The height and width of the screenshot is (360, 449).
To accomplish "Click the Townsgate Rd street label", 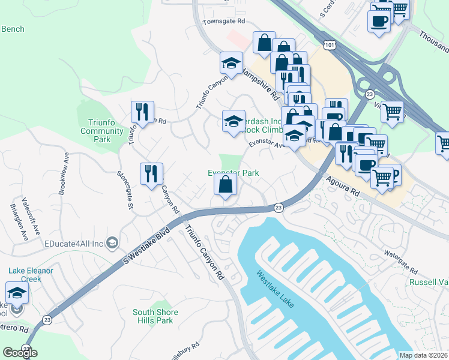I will (224, 21).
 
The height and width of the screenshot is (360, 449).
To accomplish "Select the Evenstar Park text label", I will (233, 173).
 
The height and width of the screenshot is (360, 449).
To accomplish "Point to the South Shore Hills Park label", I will (155, 316).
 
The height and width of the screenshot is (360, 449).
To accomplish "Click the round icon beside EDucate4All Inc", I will (112, 242).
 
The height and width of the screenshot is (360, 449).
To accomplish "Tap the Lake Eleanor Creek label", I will (31, 275).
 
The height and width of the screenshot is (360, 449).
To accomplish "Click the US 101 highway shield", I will (328, 46).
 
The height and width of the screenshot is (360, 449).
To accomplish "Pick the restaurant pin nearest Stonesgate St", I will (151, 174).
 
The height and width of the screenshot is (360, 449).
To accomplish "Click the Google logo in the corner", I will (20, 353).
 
